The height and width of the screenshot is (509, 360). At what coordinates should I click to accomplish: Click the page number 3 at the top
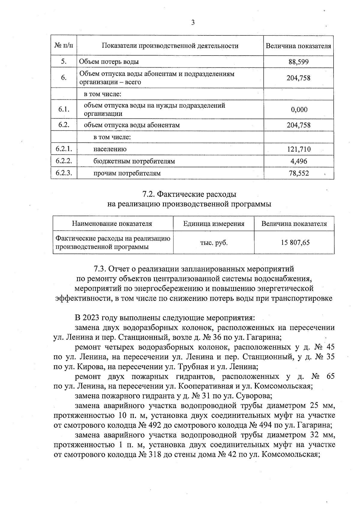click(193, 23)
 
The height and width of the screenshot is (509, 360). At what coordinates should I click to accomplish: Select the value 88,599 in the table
click(298, 62)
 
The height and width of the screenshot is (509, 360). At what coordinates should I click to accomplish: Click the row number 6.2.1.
click(64, 149)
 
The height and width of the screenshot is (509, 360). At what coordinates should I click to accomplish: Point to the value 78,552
click(299, 173)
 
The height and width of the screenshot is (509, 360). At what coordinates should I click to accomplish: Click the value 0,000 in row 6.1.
click(299, 109)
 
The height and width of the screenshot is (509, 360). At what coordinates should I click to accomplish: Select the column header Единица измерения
click(214, 224)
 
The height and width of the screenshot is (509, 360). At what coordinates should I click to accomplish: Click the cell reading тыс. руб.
click(214, 243)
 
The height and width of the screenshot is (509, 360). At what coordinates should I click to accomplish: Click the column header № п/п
click(64, 46)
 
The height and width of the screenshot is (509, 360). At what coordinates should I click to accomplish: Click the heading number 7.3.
click(100, 268)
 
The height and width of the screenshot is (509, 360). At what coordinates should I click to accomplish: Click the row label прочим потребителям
click(127, 173)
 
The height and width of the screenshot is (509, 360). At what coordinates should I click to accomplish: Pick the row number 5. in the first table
click(64, 62)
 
